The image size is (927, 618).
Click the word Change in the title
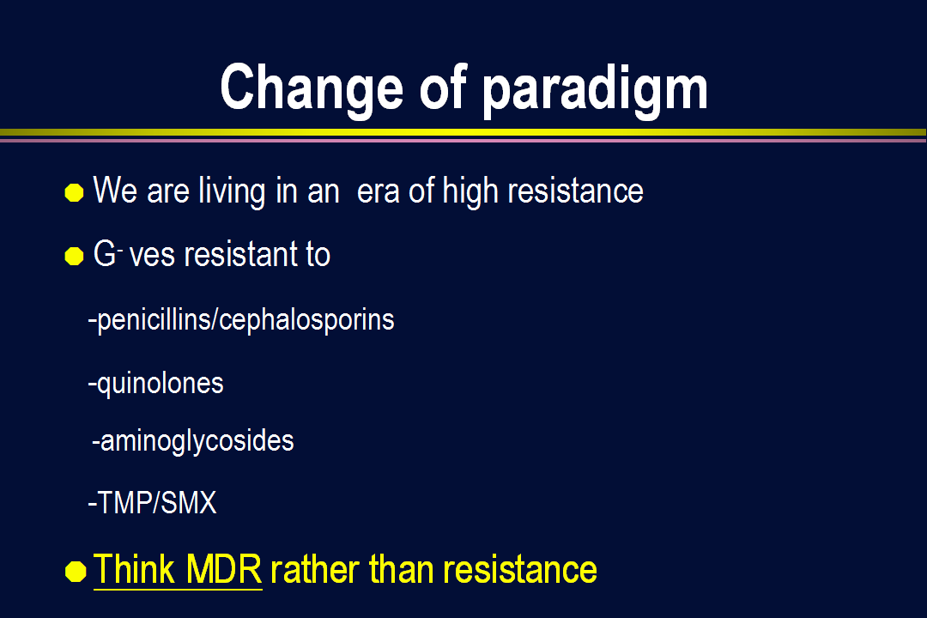click(x=312, y=87)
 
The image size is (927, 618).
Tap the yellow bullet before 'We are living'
click(x=74, y=193)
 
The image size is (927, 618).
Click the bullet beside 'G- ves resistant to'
click(x=74, y=256)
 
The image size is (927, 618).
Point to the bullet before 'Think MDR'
click(x=76, y=572)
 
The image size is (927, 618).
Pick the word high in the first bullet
click(x=470, y=191)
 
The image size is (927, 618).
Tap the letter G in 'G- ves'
click(x=105, y=254)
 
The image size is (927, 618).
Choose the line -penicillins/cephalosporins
click(x=241, y=320)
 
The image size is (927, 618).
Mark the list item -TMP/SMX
click(x=153, y=503)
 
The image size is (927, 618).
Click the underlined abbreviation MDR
click(x=223, y=569)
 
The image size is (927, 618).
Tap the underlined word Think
click(x=134, y=569)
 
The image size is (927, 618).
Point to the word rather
click(x=314, y=570)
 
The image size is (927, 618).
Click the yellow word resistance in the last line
click(x=520, y=570)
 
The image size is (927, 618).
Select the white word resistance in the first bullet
click(x=575, y=191)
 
